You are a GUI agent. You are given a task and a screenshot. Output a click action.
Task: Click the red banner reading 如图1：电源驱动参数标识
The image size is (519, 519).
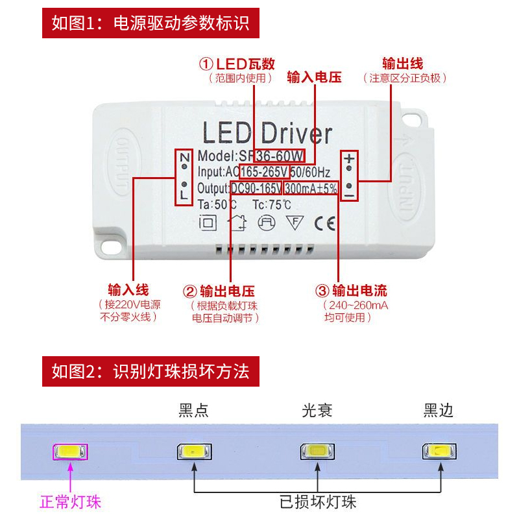click(151, 24)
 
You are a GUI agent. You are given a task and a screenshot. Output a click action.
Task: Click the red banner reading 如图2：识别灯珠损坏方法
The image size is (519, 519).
click(151, 372)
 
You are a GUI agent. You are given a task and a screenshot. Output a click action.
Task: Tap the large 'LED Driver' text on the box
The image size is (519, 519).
click(267, 133)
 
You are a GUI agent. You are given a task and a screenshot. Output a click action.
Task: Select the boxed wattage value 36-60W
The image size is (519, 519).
click(280, 156)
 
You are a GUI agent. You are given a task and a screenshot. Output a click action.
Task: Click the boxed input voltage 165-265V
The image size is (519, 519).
click(265, 172)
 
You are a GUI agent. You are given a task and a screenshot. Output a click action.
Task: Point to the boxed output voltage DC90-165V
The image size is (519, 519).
click(256, 188)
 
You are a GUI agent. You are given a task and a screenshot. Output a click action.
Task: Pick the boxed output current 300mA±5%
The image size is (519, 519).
click(311, 188)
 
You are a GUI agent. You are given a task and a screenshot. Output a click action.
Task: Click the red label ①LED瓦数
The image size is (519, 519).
click(237, 64)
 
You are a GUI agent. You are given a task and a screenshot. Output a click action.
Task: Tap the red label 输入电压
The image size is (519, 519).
click(314, 77)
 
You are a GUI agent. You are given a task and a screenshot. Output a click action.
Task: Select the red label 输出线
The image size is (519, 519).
click(402, 64)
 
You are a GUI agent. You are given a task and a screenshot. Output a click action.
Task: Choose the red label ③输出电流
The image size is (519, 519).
click(351, 291)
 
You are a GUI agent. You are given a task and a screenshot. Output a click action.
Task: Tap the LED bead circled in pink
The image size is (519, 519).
click(69, 452)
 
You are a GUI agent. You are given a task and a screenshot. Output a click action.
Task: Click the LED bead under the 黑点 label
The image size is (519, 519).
click(193, 452)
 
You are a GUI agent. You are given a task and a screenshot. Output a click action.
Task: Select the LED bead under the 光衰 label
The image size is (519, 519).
click(317, 452)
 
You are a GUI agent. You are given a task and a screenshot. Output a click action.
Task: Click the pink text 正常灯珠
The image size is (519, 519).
click(71, 502)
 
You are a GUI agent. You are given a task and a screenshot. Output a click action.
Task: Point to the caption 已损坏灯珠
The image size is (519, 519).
click(318, 501)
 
